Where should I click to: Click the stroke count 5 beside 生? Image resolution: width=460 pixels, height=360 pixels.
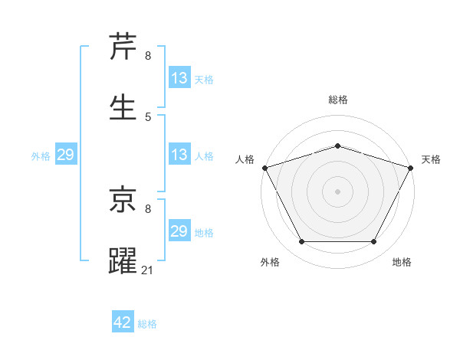pos(148,116)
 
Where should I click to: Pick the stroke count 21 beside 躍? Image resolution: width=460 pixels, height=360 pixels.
pos(149,269)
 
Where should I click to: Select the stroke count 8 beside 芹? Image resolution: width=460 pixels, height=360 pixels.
pos(148,56)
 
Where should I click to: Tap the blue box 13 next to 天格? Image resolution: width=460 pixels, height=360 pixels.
pos(179,78)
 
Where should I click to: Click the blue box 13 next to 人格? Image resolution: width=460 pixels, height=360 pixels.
pos(179,155)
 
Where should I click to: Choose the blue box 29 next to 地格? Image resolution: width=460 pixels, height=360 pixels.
pos(179,231)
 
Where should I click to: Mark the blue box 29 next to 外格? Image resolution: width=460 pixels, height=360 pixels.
pos(65,155)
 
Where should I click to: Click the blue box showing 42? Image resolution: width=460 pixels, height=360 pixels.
pos(123,322)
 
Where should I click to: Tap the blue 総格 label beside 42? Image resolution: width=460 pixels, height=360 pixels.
pos(147,324)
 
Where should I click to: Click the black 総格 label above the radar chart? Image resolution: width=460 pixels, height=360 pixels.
pos(337,100)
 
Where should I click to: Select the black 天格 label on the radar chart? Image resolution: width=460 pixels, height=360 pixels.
pos(432,159)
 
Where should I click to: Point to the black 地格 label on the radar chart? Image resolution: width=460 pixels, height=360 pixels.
pos(402,262)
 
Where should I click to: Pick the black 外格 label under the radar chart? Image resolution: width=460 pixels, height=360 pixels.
pos(270,262)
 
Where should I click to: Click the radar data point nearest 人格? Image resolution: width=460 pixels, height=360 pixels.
pos(264,168)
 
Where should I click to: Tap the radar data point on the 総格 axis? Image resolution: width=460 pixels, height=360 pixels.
pos(337,146)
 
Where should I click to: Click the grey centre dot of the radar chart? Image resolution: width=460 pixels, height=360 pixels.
pos(337,191)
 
